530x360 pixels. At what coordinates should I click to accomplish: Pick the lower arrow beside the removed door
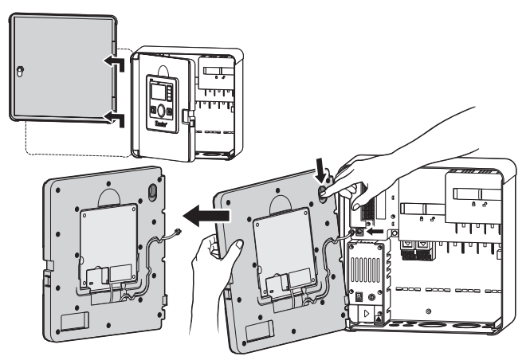(x=113, y=119)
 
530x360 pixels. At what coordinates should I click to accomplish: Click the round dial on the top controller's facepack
(x=161, y=111)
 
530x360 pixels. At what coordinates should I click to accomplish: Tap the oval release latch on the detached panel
(x=151, y=191)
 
